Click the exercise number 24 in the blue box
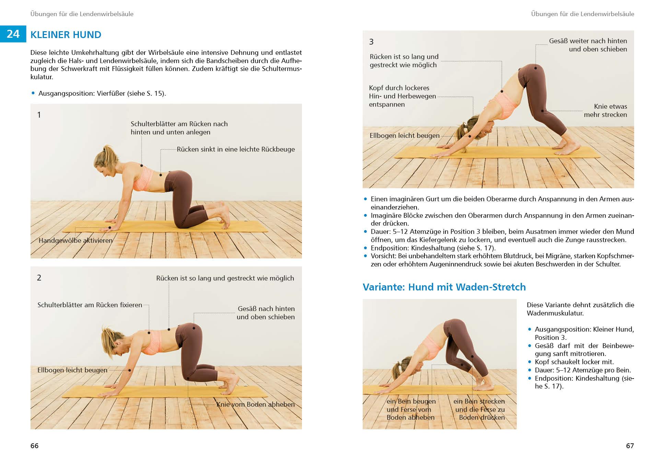[13, 34]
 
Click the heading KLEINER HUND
[66, 35]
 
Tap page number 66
[34, 446]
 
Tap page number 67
[630, 446]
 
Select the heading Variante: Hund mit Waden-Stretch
[444, 287]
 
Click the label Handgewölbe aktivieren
[75, 240]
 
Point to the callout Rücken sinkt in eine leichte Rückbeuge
[236, 150]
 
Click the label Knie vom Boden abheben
[255, 404]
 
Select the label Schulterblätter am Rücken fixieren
[90, 305]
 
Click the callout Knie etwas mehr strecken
[606, 110]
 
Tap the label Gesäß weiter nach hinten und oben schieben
[588, 45]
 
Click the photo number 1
[39, 115]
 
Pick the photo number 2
[39, 278]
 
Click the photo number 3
[371, 42]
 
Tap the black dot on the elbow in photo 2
[130, 370]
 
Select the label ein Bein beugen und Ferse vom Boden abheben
[411, 409]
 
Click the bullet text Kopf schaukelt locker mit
[574, 362]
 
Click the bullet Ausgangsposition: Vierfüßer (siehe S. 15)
[102, 93]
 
